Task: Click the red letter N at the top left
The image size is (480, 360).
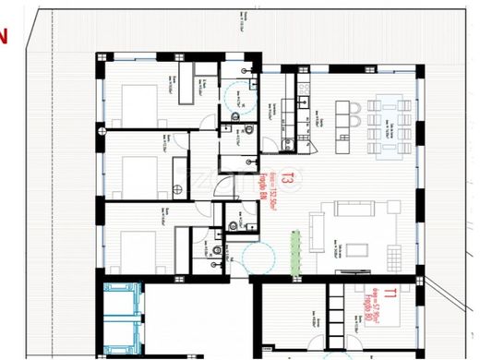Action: (4, 38)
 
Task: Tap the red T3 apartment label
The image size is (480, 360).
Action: (287, 178)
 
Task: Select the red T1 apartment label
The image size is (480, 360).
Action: (391, 296)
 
